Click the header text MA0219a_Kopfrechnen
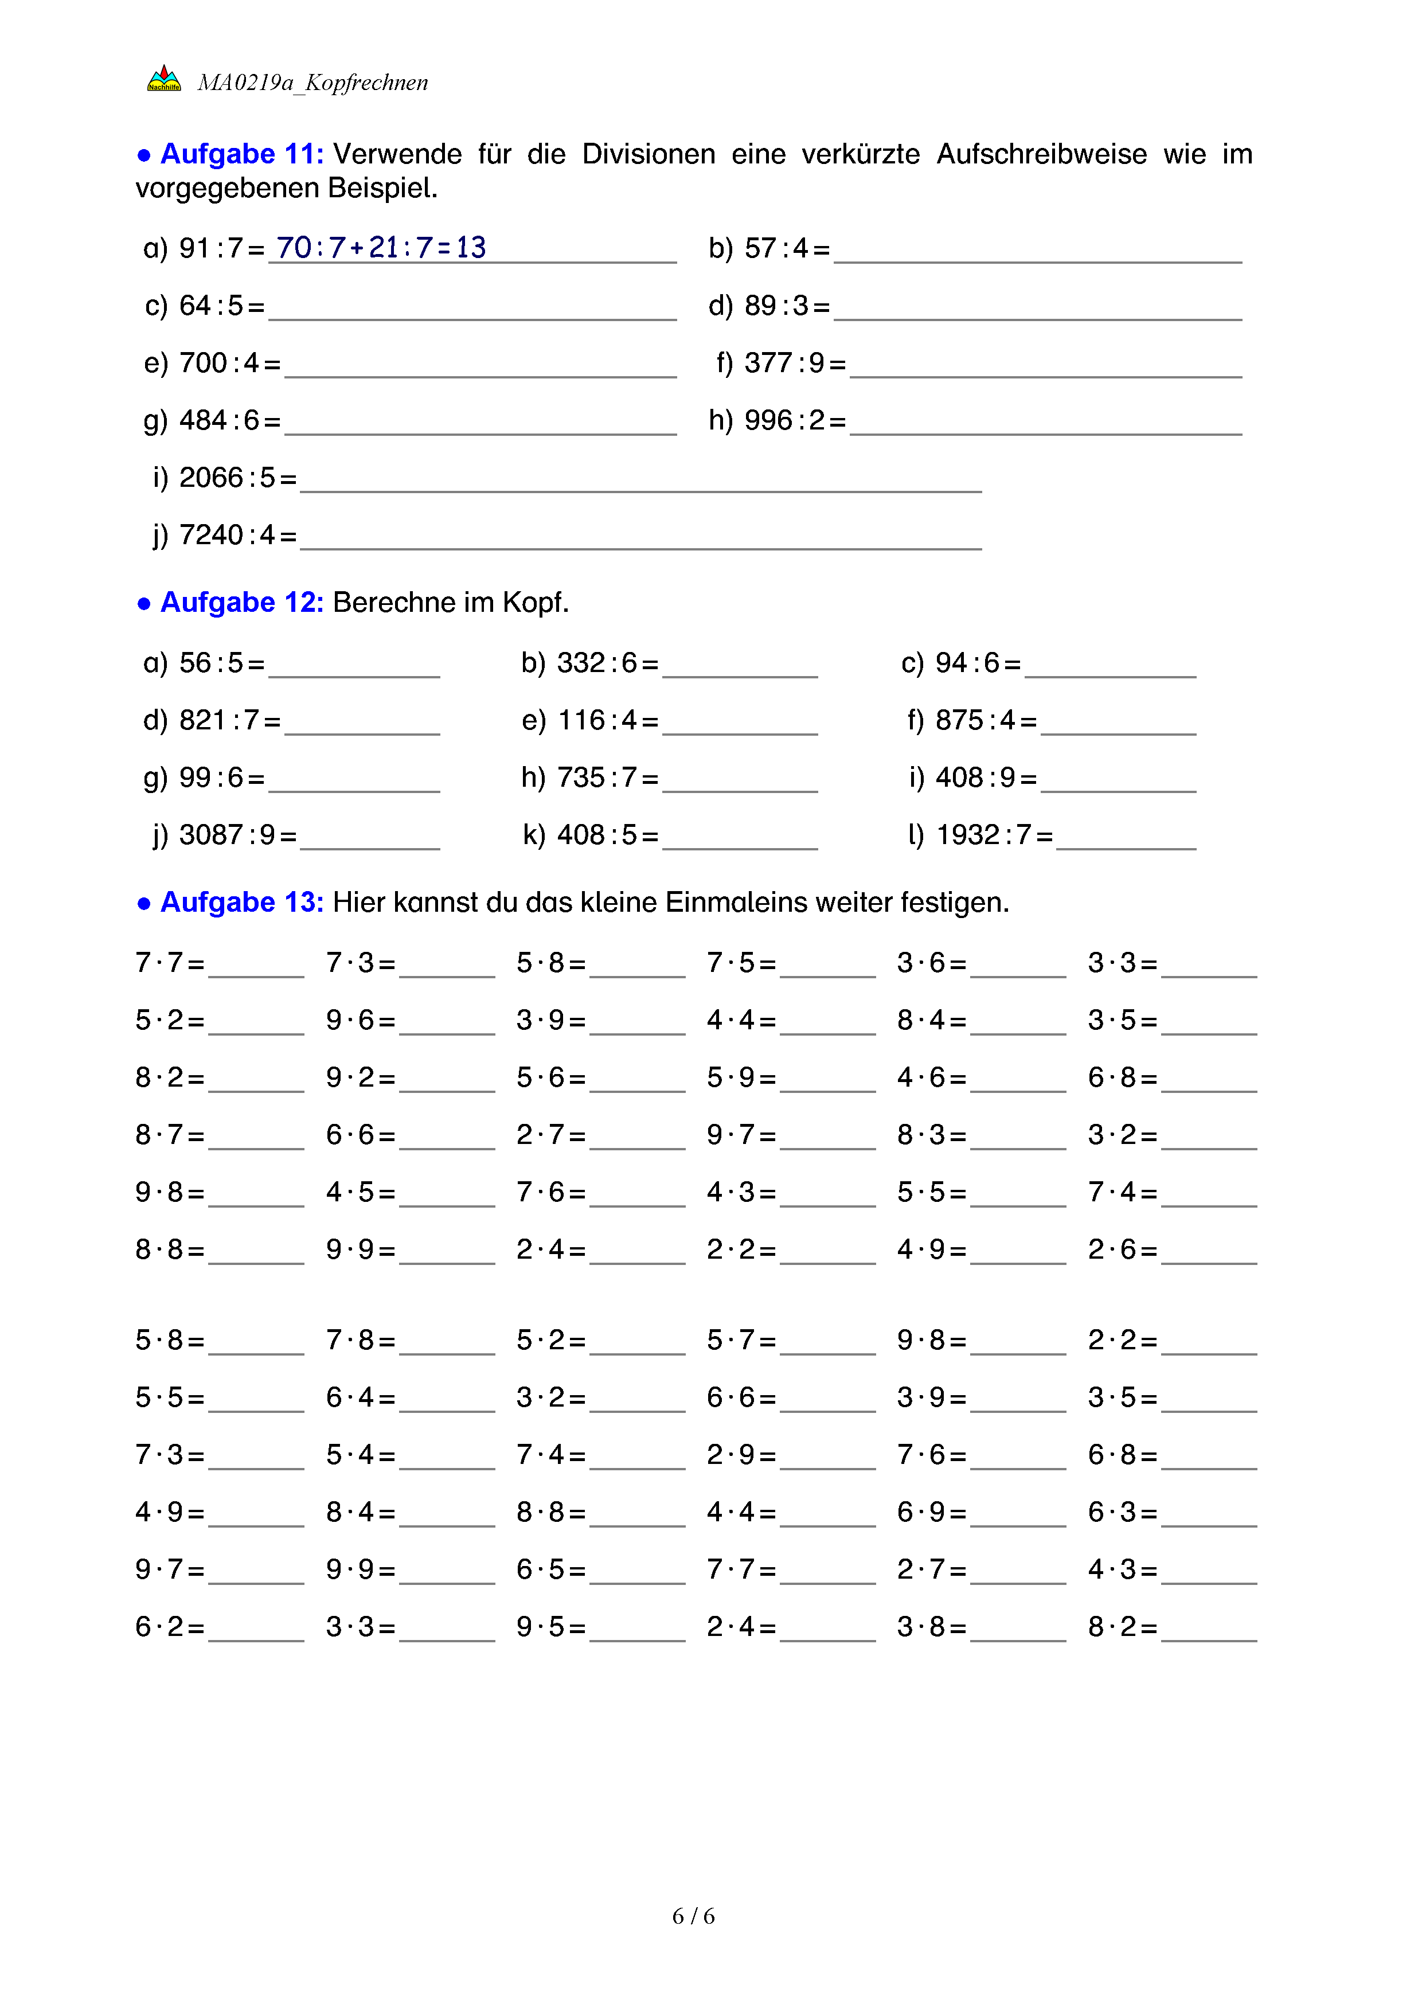pyautogui.click(x=312, y=83)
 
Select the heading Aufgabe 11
pyautogui.click(x=241, y=154)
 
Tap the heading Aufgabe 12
pyautogui.click(x=241, y=603)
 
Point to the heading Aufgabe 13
pyautogui.click(x=241, y=902)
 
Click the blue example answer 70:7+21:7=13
pyautogui.click(x=381, y=248)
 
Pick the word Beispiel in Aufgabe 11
pyautogui.click(x=382, y=188)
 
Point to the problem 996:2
pyautogui.click(x=784, y=421)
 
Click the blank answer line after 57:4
pyautogui.click(x=1038, y=254)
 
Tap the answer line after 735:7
pyautogui.click(x=740, y=784)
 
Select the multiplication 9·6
pyautogui.click(x=350, y=1020)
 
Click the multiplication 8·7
pyautogui.click(x=159, y=1135)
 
